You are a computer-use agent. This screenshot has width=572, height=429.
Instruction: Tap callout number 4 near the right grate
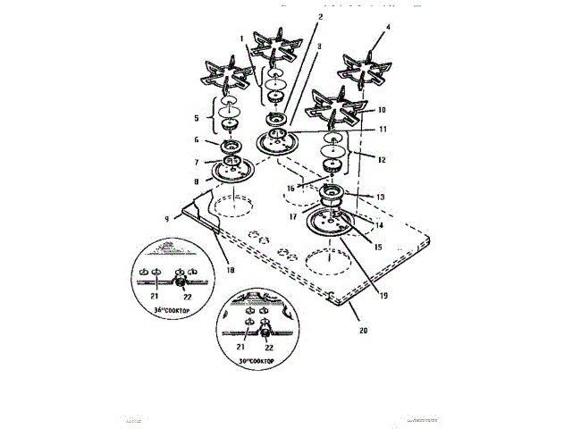pyautogui.click(x=389, y=27)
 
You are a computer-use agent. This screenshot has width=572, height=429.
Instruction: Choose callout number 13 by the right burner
pyautogui.click(x=381, y=197)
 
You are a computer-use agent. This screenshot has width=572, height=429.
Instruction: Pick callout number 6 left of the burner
pyautogui.click(x=198, y=140)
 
